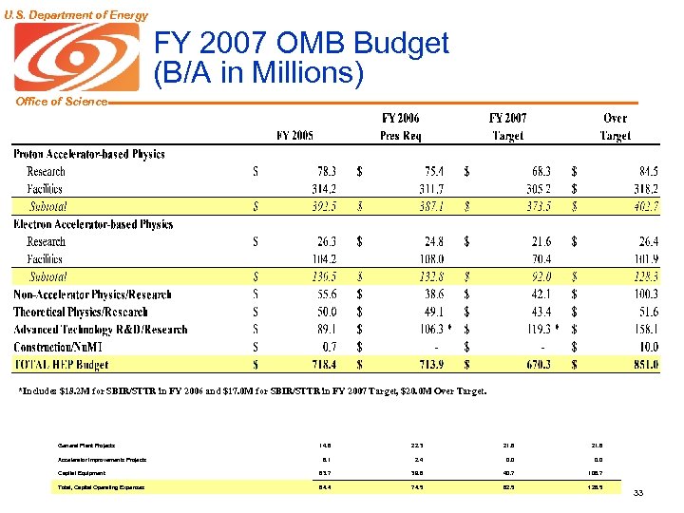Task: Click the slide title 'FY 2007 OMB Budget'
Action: [301, 44]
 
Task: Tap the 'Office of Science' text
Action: [54, 102]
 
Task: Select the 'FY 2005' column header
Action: [294, 135]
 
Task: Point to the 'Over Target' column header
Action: [615, 127]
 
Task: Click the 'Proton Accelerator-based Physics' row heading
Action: [88, 154]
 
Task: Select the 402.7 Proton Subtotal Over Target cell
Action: [641, 206]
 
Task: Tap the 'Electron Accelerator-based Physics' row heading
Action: [93, 224]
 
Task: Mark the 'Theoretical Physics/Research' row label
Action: [81, 312]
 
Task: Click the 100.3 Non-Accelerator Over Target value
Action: [641, 294]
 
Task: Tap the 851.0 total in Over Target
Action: [641, 365]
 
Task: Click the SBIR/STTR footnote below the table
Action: [253, 390]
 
